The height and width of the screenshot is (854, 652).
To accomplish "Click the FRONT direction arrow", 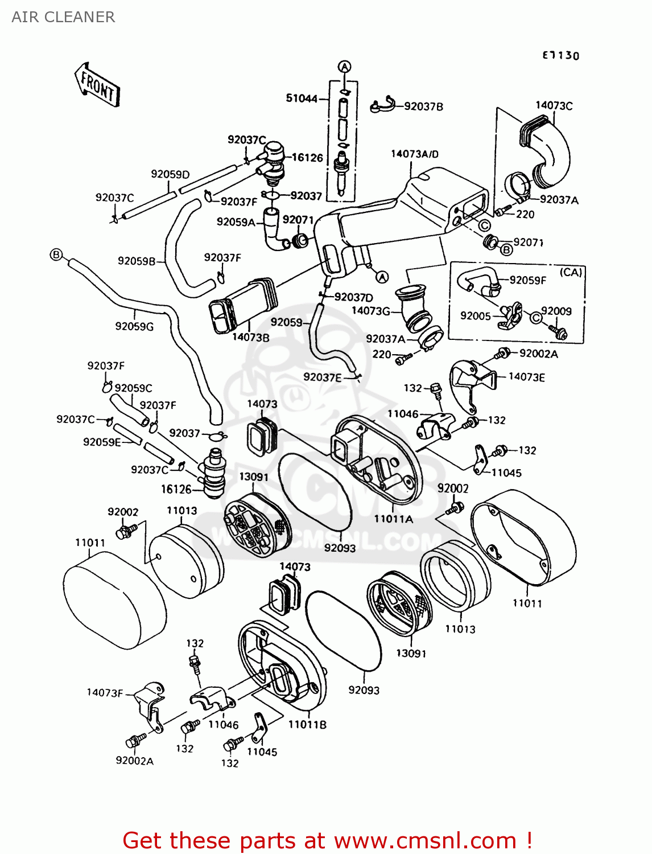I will pos(97,85).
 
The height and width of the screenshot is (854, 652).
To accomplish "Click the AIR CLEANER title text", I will pos(63,17).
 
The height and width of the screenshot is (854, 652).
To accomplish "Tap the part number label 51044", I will pos(302,98).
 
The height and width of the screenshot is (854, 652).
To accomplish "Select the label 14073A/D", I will pos(415,154).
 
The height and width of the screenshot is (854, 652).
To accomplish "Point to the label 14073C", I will pos(554,105).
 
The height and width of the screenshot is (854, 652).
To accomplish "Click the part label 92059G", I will pos(134,326).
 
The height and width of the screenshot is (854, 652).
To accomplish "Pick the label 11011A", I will pos(394,519).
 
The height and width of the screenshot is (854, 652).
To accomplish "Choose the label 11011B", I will pos(307,724).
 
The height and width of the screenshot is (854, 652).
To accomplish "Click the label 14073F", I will pos(105,693).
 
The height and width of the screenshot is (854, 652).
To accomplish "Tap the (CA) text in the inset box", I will pos(571,272).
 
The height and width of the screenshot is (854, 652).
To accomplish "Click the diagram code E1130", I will pos(560,55).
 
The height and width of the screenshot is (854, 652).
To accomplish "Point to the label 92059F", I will pos(527,280).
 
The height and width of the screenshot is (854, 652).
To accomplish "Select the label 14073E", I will pos(526,377).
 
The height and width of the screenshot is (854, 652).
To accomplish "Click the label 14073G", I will pos(371,311).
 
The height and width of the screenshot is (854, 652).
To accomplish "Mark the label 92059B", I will pos(137,261).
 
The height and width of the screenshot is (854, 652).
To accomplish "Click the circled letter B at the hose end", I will pos(56,254).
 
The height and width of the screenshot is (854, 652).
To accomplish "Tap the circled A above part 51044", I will pos(345,66).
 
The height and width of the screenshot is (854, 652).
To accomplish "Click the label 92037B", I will pos(423,106).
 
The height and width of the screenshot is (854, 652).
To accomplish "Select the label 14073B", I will pos(250,337).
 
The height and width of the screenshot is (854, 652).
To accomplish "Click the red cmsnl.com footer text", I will pos(327,840).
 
